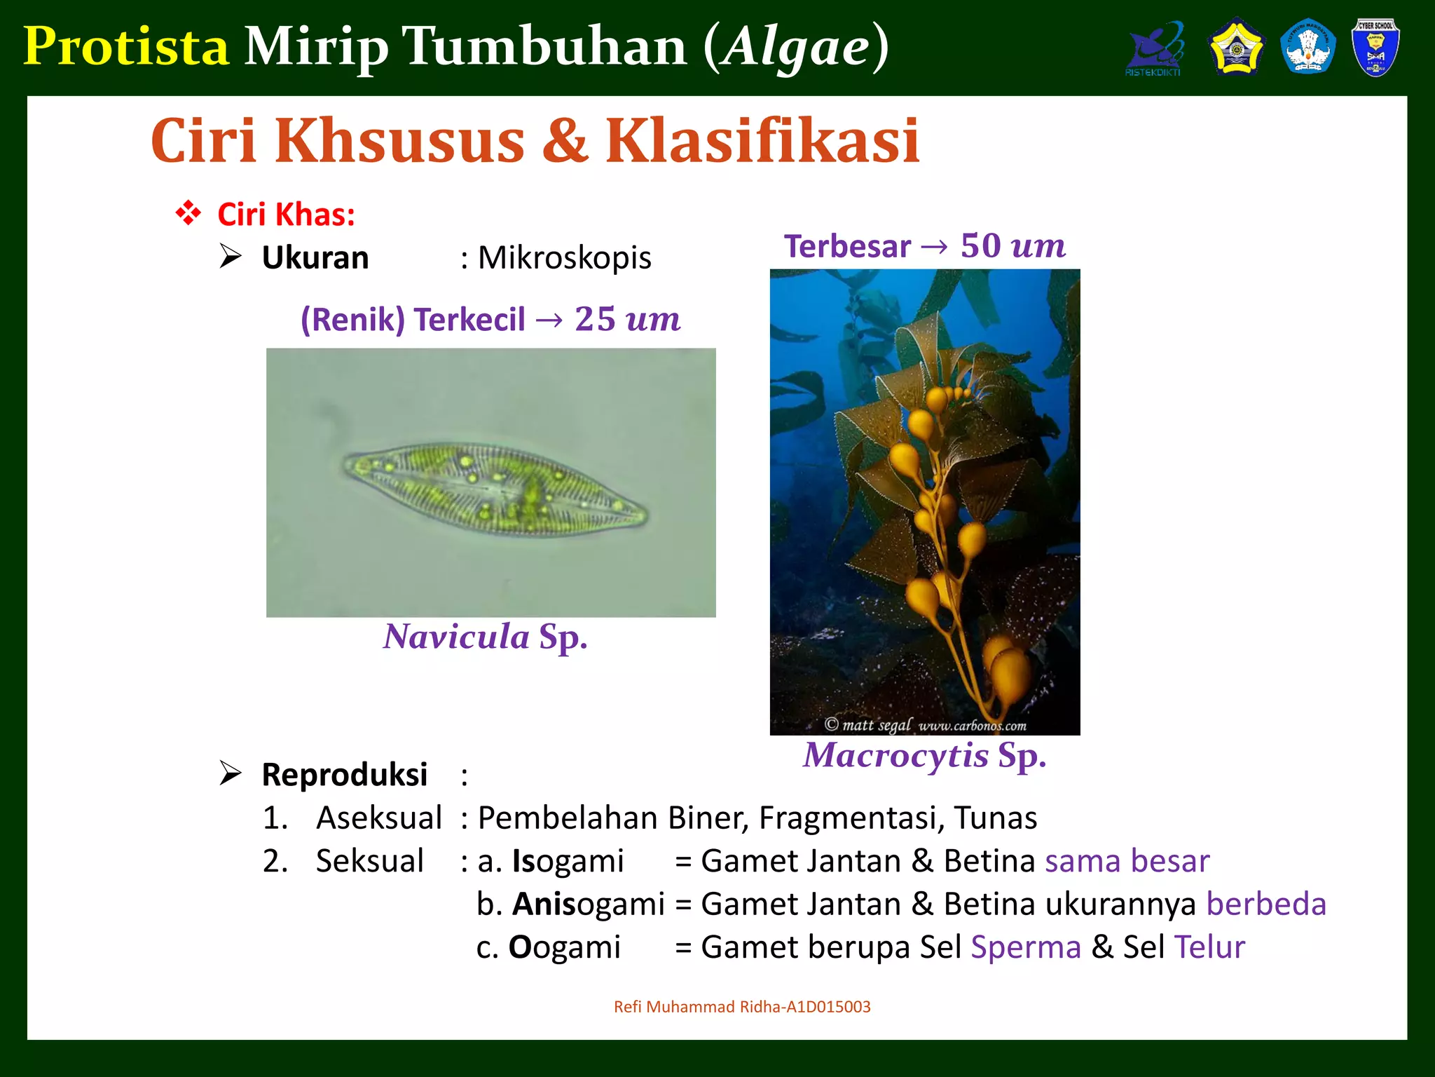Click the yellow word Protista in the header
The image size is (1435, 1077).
click(126, 46)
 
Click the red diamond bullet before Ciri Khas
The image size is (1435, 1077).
click(188, 213)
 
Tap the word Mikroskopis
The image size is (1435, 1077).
click(564, 257)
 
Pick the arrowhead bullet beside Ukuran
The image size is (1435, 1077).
click(231, 257)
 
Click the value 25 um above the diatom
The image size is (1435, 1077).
click(627, 319)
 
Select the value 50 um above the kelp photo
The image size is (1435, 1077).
click(1012, 245)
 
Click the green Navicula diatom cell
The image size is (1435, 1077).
click(494, 489)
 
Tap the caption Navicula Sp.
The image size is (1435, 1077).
click(485, 637)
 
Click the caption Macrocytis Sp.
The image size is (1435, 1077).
click(924, 755)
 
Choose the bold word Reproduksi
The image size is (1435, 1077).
click(344, 775)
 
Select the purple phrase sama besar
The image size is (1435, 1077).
click(1127, 861)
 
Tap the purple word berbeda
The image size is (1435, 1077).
click(1265, 904)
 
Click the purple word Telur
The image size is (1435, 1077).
click(1209, 947)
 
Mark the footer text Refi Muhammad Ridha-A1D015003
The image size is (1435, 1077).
click(742, 1007)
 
